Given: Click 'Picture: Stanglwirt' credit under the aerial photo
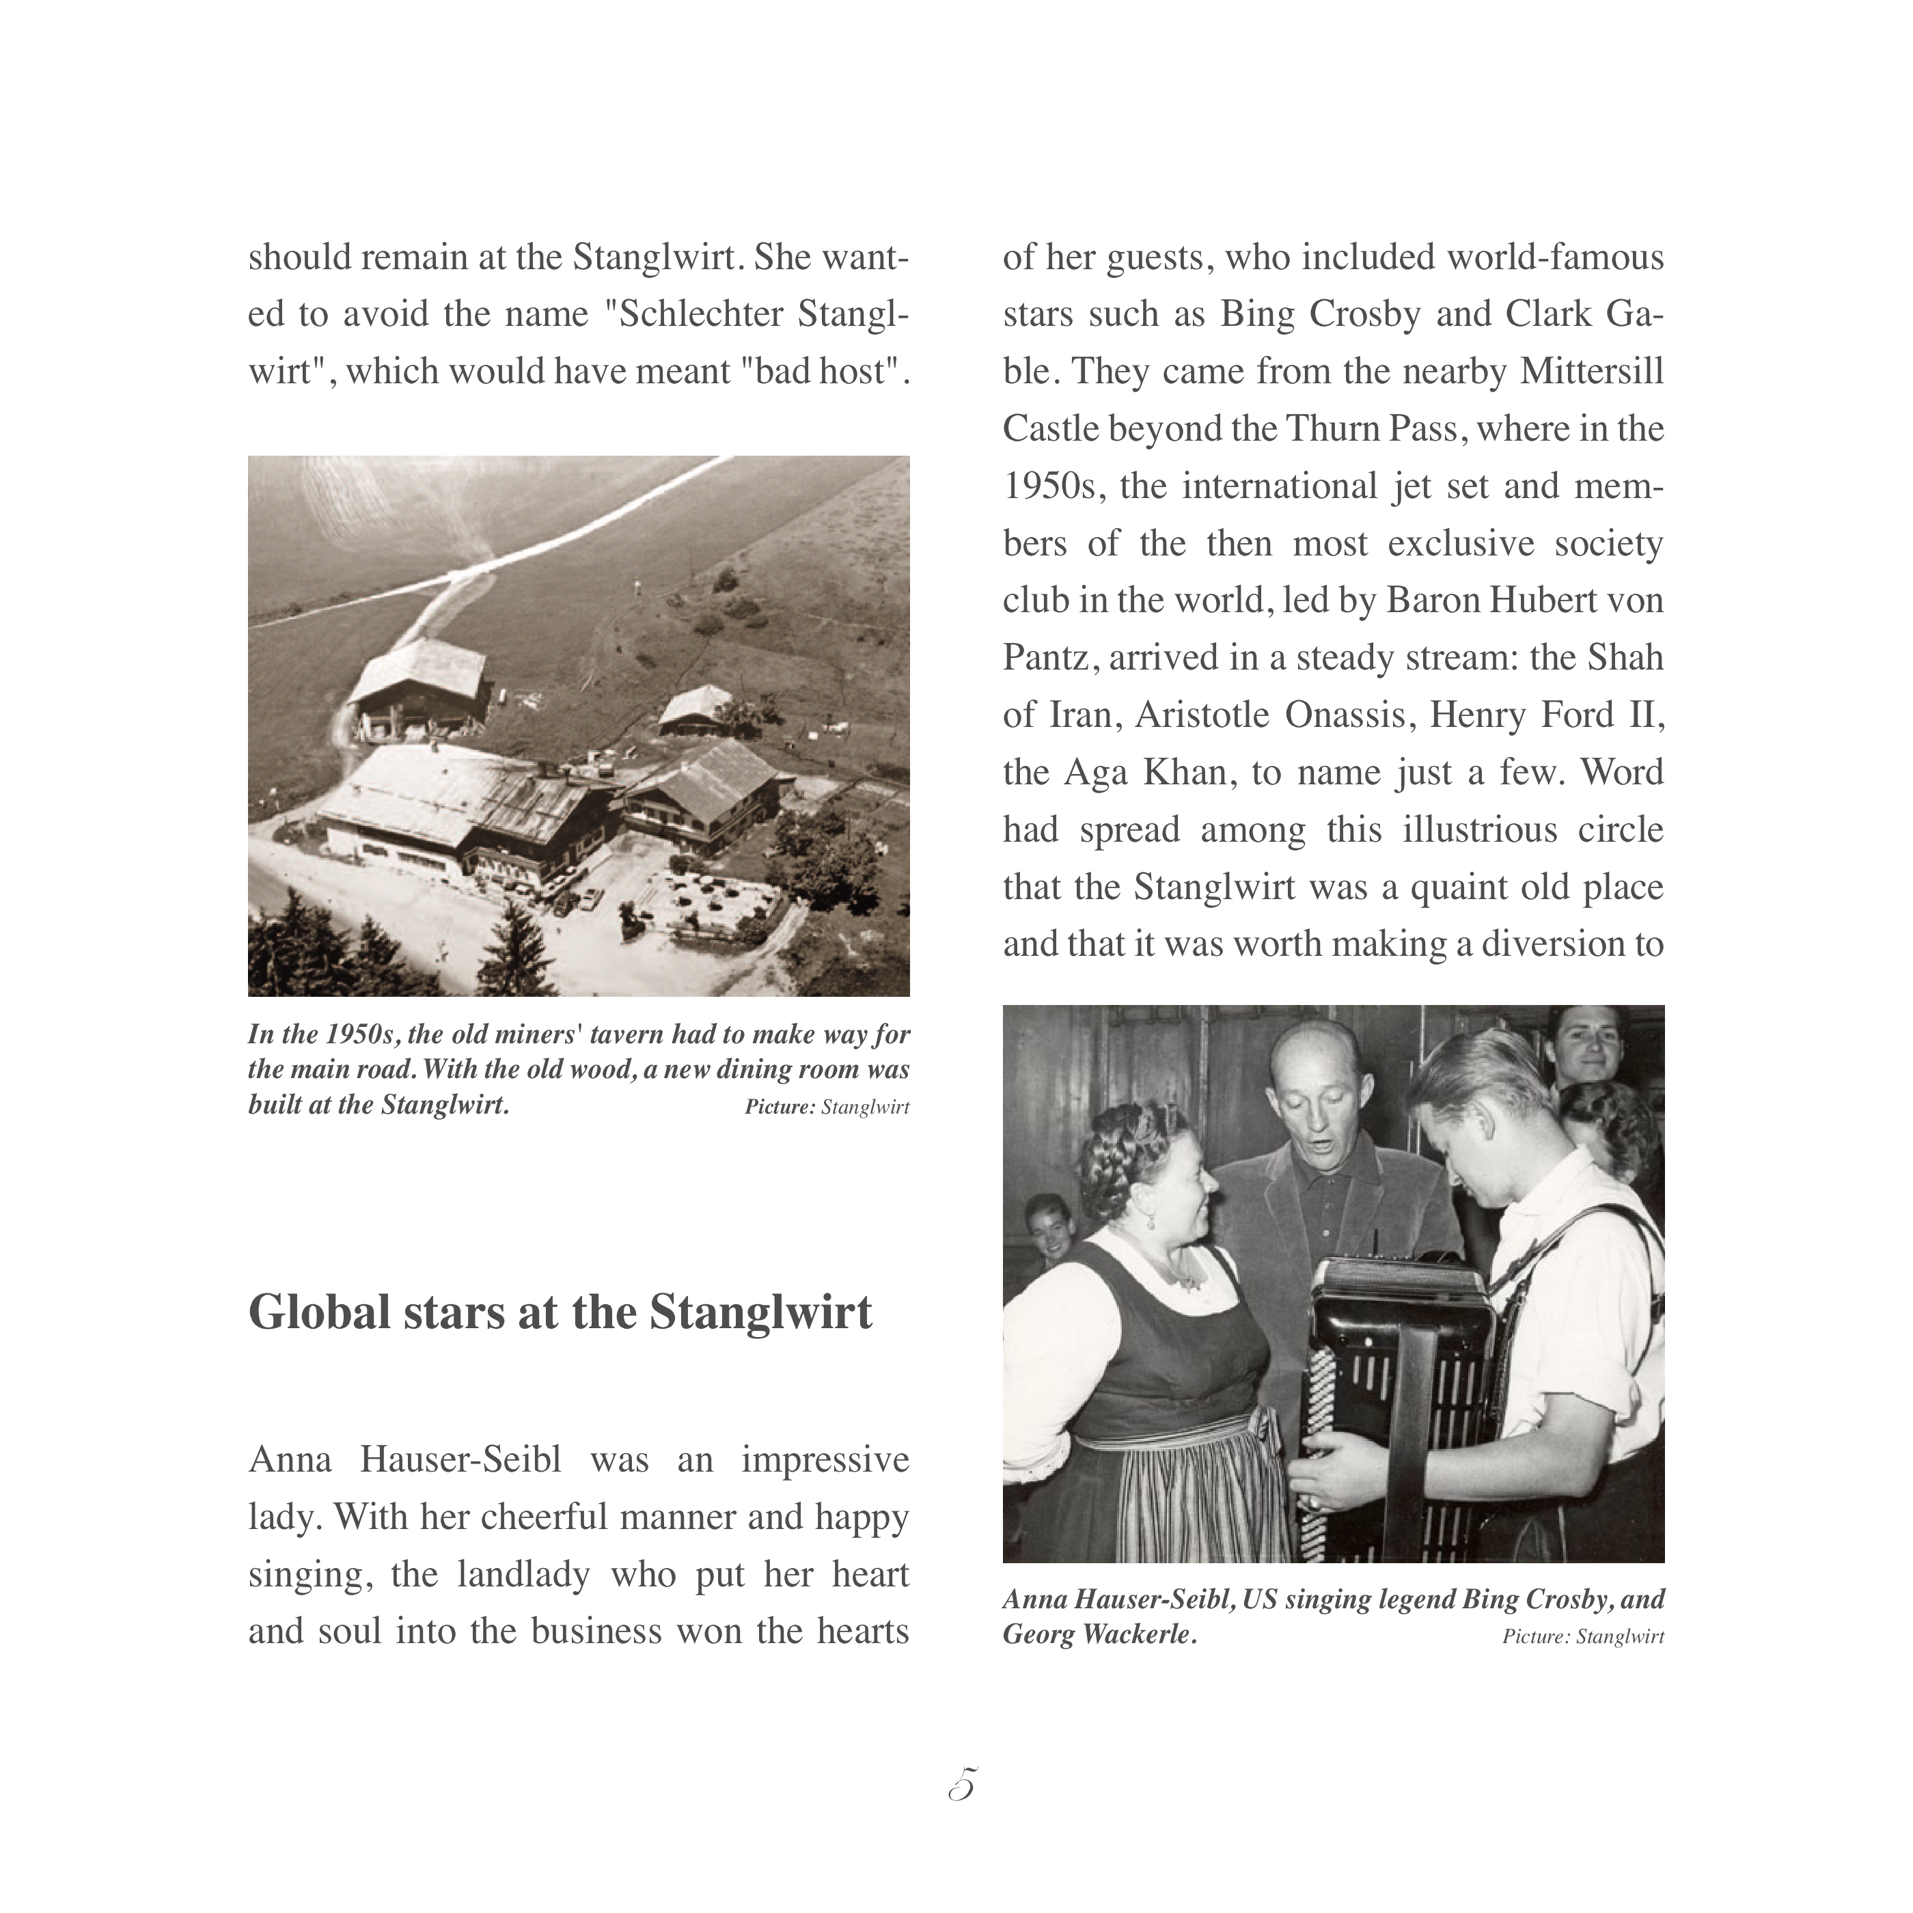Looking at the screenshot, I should coord(827,1107).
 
